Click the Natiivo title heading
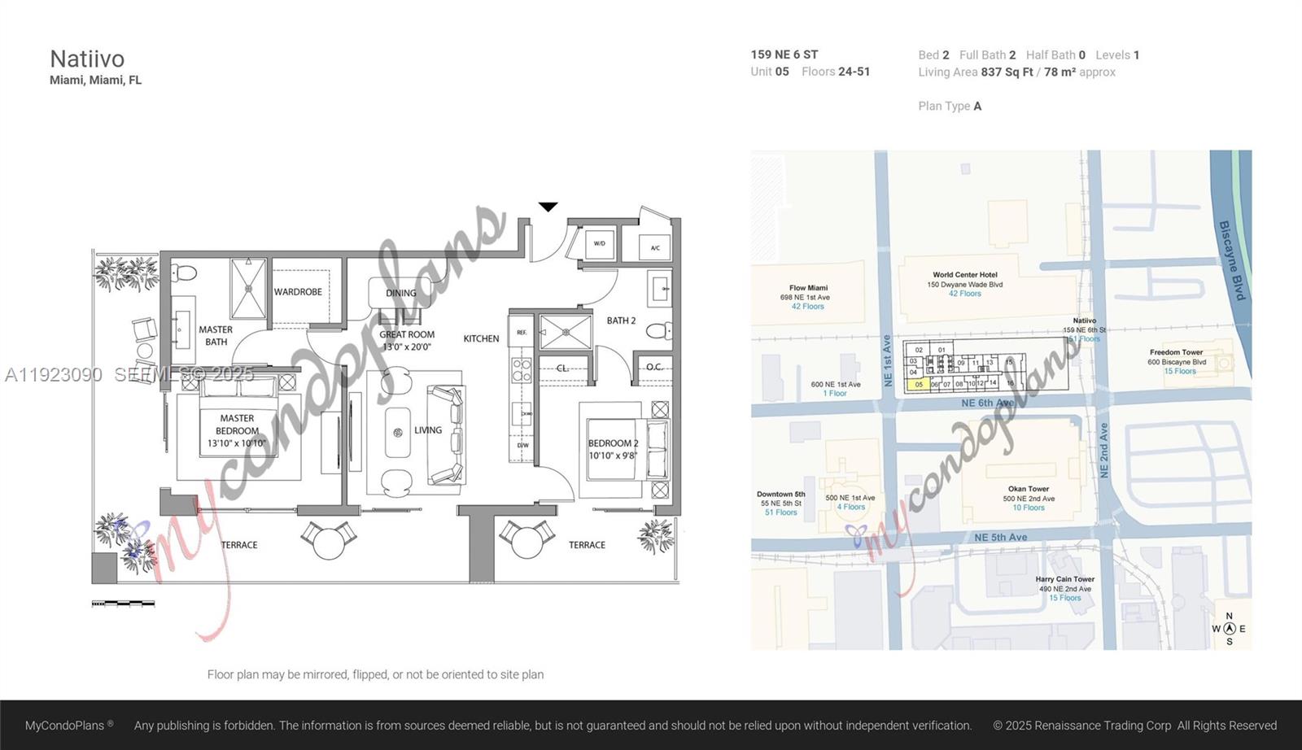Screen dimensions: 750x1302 (x=87, y=59)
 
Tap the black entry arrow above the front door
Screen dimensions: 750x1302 (x=548, y=207)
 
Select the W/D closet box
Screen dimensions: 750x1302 (x=600, y=244)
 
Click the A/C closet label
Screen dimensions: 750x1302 (x=655, y=247)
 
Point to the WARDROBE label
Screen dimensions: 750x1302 (x=298, y=292)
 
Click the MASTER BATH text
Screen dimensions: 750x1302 (x=216, y=335)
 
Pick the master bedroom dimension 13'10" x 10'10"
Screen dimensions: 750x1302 (x=237, y=443)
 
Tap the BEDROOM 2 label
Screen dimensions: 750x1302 (x=614, y=443)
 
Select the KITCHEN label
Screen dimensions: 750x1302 (x=481, y=338)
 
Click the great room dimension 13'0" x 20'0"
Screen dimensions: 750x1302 (x=407, y=347)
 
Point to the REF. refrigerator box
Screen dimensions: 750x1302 (x=522, y=332)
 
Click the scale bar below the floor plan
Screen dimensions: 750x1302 (x=123, y=604)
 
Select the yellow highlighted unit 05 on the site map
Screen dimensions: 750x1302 (x=919, y=385)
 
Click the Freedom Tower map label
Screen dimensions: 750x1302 (x=1176, y=352)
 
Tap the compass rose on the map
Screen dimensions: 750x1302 (x=1230, y=628)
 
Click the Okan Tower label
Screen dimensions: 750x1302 (x=1029, y=489)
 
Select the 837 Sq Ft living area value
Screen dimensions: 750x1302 (x=1007, y=72)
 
